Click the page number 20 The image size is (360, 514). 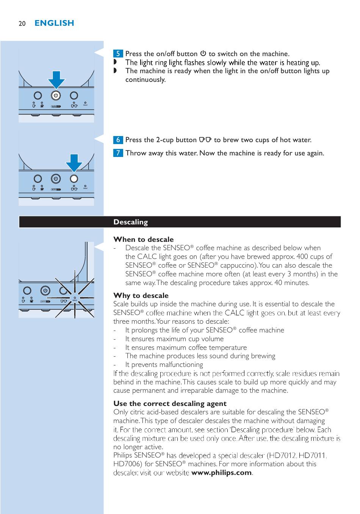click(22, 24)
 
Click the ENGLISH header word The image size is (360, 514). click(54, 23)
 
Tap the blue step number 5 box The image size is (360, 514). click(118, 53)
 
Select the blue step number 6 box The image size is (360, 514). click(118, 140)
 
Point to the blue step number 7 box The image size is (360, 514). click(118, 153)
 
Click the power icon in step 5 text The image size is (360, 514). click(203, 53)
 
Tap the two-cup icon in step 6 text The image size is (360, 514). click(205, 139)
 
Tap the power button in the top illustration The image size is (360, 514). click(56, 96)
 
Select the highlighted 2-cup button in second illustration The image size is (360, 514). click(74, 179)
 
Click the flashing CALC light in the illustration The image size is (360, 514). click(75, 298)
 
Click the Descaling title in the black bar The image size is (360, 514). click(131, 222)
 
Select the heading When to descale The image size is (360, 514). click(143, 239)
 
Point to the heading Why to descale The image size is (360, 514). click(141, 295)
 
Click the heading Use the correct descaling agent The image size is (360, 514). click(170, 403)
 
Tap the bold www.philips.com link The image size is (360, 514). click(221, 472)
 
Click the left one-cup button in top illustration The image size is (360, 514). click(38, 96)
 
